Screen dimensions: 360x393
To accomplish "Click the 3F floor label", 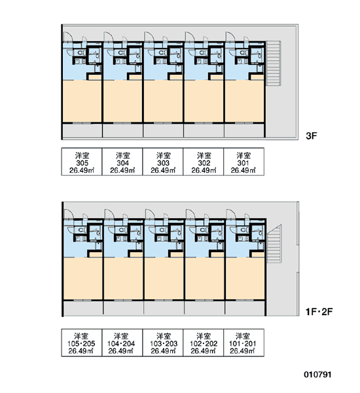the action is pos(312,136).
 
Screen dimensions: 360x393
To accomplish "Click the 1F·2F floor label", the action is pos(319,312).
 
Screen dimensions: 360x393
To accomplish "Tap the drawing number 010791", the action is pos(317,375).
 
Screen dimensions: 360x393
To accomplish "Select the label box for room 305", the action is pos(82,162).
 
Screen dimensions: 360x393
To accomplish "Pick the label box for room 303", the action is pos(163,162).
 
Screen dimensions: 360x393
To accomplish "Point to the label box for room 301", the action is pos(243,162).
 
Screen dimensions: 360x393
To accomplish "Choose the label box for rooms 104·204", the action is pos(122,343).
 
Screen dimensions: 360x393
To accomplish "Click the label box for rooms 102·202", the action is pos(204,343).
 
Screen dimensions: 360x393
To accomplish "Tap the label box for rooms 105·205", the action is pos(82,343).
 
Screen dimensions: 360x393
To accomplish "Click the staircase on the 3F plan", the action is pos(273,64).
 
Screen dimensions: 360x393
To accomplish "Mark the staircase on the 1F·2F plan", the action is pos(274,244).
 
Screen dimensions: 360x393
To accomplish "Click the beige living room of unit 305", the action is pos(82,102).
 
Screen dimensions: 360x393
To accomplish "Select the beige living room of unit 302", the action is pos(204,102).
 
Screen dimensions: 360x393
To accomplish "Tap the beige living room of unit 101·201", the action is pos(245,278).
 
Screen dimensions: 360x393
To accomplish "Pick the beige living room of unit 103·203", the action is pos(164,278).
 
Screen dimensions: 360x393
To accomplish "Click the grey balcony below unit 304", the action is pos(123,130).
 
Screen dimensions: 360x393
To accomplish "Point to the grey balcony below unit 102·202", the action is pos(205,308).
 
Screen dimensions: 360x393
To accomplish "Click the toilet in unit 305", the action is pos(81,53).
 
